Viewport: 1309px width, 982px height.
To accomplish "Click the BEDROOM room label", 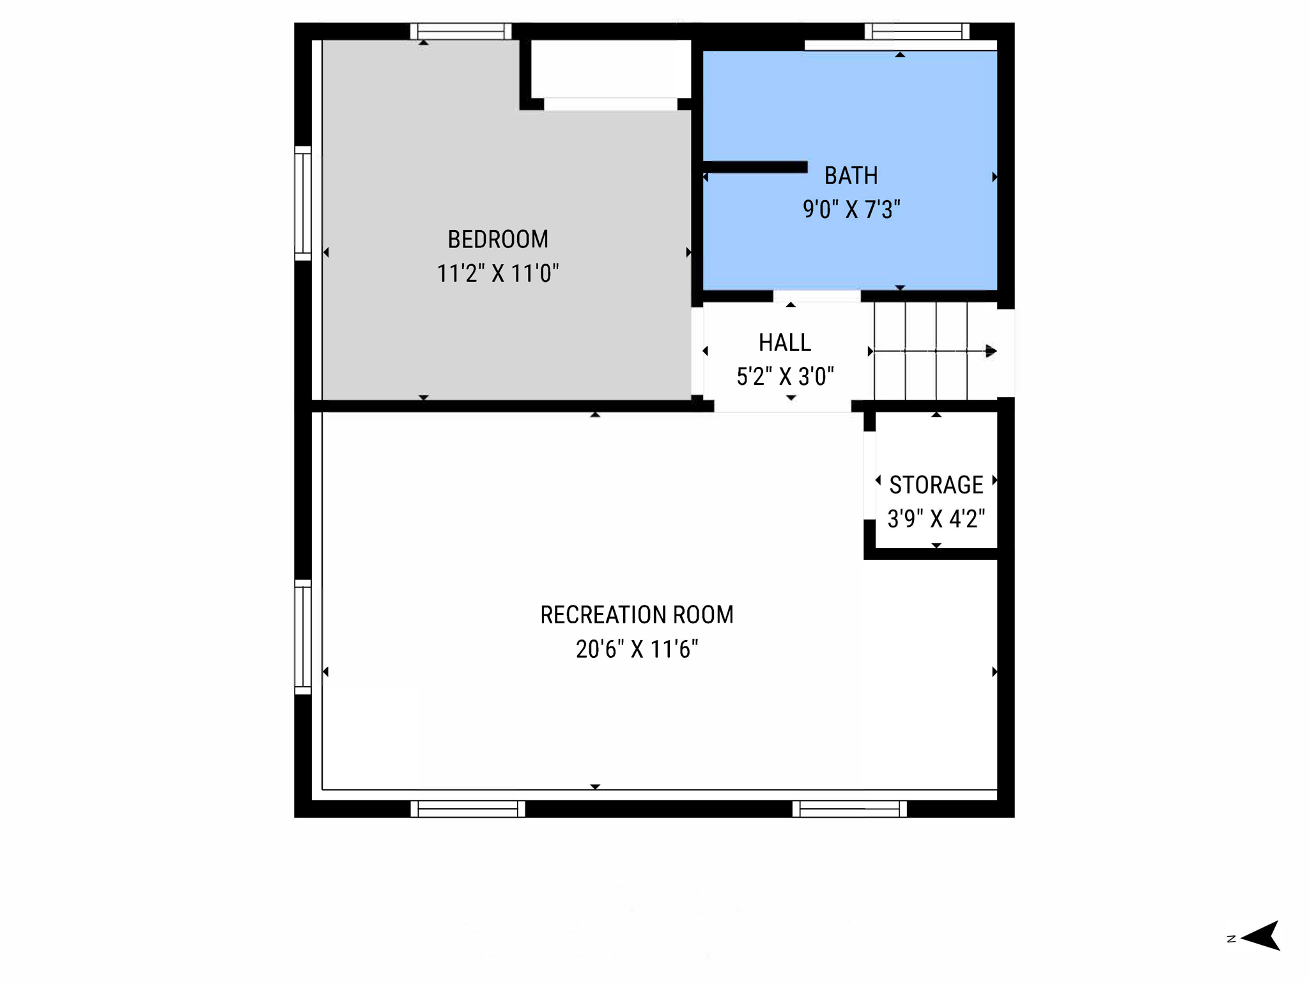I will point(497,240).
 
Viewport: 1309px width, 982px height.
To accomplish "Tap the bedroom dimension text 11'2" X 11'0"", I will point(497,274).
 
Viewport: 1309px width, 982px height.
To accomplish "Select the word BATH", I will point(851,176).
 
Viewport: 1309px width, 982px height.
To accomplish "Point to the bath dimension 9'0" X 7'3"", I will point(851,210).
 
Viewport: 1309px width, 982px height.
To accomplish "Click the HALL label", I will point(784,343).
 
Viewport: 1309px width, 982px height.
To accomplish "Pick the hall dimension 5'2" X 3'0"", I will point(785,377).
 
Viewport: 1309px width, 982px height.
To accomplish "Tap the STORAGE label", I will point(936,485).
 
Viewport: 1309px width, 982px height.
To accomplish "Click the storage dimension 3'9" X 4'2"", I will point(936,518).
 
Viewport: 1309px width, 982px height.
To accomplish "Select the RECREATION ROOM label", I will point(637,615).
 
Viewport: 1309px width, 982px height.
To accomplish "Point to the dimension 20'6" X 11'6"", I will point(637,650).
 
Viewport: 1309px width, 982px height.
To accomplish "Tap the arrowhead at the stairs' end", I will point(991,351).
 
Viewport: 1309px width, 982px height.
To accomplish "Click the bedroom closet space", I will point(610,69).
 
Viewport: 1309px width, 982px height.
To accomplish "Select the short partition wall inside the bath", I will point(755,168).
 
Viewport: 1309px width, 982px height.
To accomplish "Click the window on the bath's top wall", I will point(917,31).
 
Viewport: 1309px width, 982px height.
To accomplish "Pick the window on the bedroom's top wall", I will point(461,31).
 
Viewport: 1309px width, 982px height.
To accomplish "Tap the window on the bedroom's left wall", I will point(303,203).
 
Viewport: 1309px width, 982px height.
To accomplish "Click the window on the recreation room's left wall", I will point(303,637).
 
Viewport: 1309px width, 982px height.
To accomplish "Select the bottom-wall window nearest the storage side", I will point(849,809).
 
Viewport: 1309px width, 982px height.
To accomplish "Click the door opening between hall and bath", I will point(817,296).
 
